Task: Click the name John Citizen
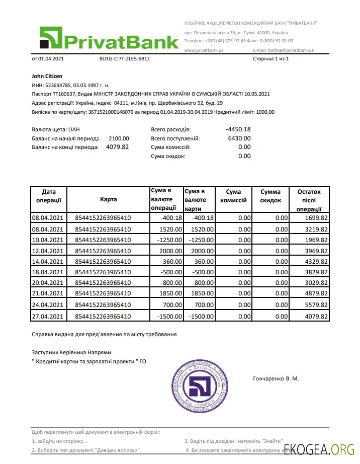point(47,76)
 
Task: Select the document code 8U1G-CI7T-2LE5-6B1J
point(124,59)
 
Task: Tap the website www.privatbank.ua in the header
point(204,50)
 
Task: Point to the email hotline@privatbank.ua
point(284,50)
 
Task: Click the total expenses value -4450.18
point(238,129)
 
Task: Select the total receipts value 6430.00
point(239,138)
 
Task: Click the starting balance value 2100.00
point(119,138)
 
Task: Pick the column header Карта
point(108,200)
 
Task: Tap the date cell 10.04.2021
point(48,240)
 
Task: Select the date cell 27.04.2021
point(48,317)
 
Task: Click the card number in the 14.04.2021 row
point(103,262)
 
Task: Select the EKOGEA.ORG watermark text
point(319,449)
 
